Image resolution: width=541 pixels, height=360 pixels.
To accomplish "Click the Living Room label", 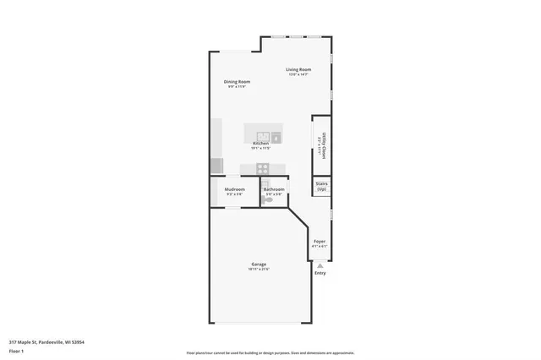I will point(298,69).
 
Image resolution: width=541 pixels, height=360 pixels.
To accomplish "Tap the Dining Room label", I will point(237,81).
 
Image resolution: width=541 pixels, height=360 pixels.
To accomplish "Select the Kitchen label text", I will point(260,144).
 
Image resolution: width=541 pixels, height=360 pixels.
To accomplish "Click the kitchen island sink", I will point(276,136).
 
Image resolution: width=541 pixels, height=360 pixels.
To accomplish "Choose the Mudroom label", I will point(234,188).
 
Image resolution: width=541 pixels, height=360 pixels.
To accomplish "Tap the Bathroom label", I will point(274,188).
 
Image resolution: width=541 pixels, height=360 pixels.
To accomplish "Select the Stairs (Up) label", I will point(321,186).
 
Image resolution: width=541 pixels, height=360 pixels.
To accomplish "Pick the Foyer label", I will point(320,241).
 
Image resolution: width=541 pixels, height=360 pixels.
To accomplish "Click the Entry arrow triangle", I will point(320,265).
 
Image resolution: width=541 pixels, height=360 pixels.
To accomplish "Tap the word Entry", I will point(320,273).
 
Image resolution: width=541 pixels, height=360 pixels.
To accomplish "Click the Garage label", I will point(259,265).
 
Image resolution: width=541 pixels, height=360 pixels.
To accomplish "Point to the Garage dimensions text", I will point(259,270).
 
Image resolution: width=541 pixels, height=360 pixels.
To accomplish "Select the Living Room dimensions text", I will point(298,74).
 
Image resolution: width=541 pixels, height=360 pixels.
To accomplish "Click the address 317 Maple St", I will point(46,341).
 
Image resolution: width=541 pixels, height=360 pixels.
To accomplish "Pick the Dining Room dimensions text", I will point(237,86).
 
